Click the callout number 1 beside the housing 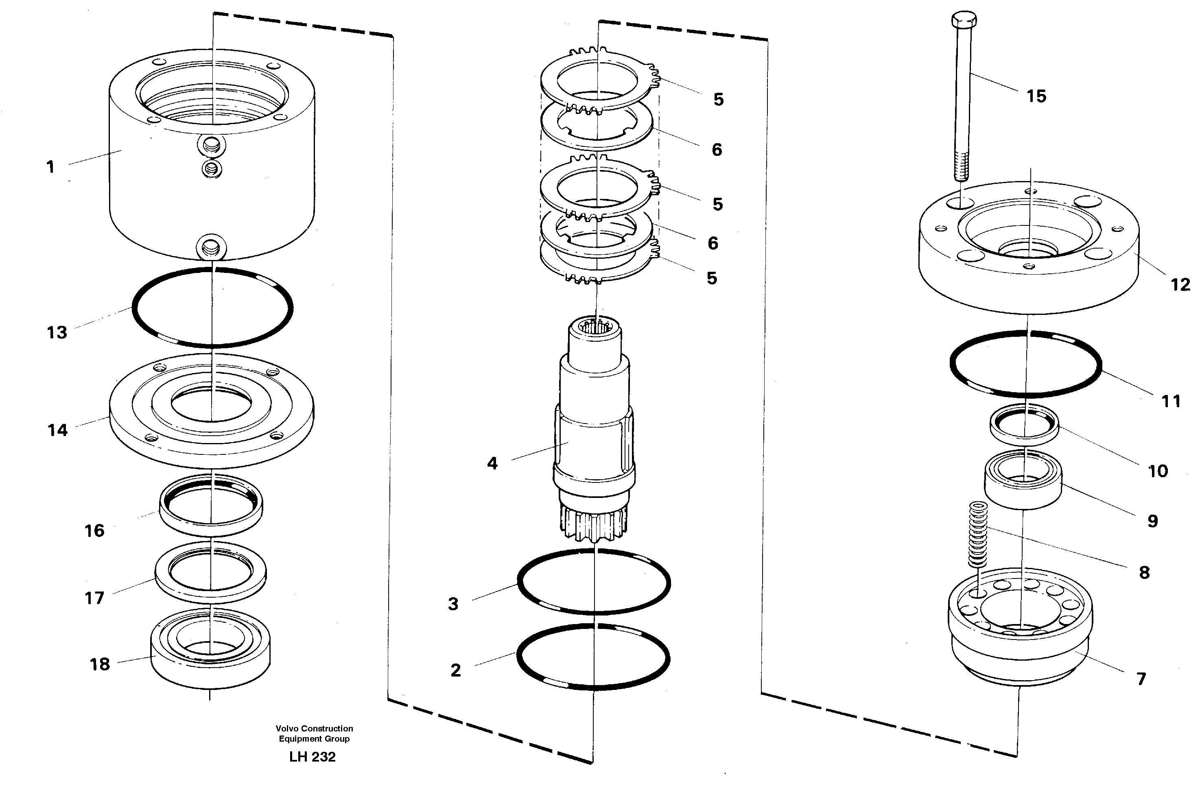pos(50,167)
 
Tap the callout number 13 pos(57,333)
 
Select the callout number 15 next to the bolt pos(1036,96)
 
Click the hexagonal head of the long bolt pos(964,20)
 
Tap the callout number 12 pos(1180,285)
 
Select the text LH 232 pos(312,757)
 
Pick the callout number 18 pos(99,664)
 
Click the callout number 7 pos(1141,679)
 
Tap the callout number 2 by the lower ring pos(455,670)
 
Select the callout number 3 pos(453,604)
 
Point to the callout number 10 pos(1158,471)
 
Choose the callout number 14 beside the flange pos(57,430)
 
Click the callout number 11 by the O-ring pos(1171,402)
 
